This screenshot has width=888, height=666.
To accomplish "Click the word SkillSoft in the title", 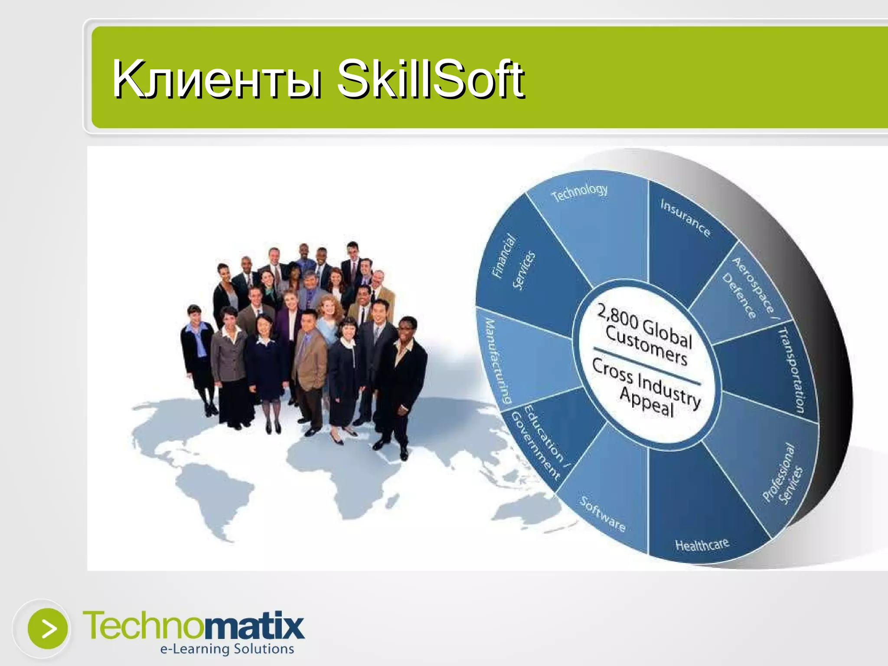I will point(431,79).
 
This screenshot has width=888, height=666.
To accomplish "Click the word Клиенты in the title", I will point(217,79).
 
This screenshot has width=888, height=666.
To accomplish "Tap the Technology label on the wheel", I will point(579,193).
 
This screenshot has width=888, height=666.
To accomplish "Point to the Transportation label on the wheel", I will point(792,371).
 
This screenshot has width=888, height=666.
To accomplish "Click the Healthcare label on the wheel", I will point(702,545).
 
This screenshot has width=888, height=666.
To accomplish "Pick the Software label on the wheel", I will point(603,514).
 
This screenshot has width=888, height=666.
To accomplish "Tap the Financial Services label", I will point(513,262).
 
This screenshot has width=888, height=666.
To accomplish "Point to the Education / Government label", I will point(540,442).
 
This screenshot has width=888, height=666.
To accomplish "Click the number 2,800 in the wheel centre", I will point(617,317).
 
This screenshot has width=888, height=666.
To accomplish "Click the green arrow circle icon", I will point(48,629).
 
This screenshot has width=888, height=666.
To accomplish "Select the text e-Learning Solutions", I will point(227,649).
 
